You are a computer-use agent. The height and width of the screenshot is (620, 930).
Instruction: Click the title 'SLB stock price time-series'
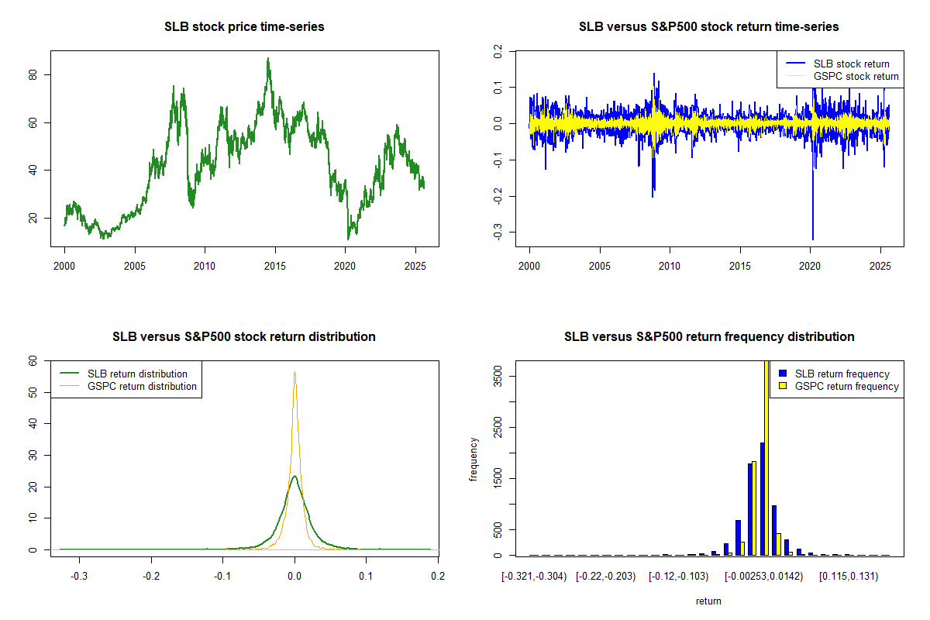(244, 27)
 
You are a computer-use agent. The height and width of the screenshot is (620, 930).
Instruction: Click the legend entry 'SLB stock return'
(851, 64)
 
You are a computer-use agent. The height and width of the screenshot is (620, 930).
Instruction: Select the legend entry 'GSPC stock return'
(856, 77)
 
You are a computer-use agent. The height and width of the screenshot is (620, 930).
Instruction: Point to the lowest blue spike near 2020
(813, 239)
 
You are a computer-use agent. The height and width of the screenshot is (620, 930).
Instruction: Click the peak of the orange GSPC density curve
(294, 373)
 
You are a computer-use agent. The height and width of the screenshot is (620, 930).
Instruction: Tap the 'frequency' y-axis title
(474, 460)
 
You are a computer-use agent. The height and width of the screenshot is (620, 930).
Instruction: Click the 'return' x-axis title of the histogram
(708, 601)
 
